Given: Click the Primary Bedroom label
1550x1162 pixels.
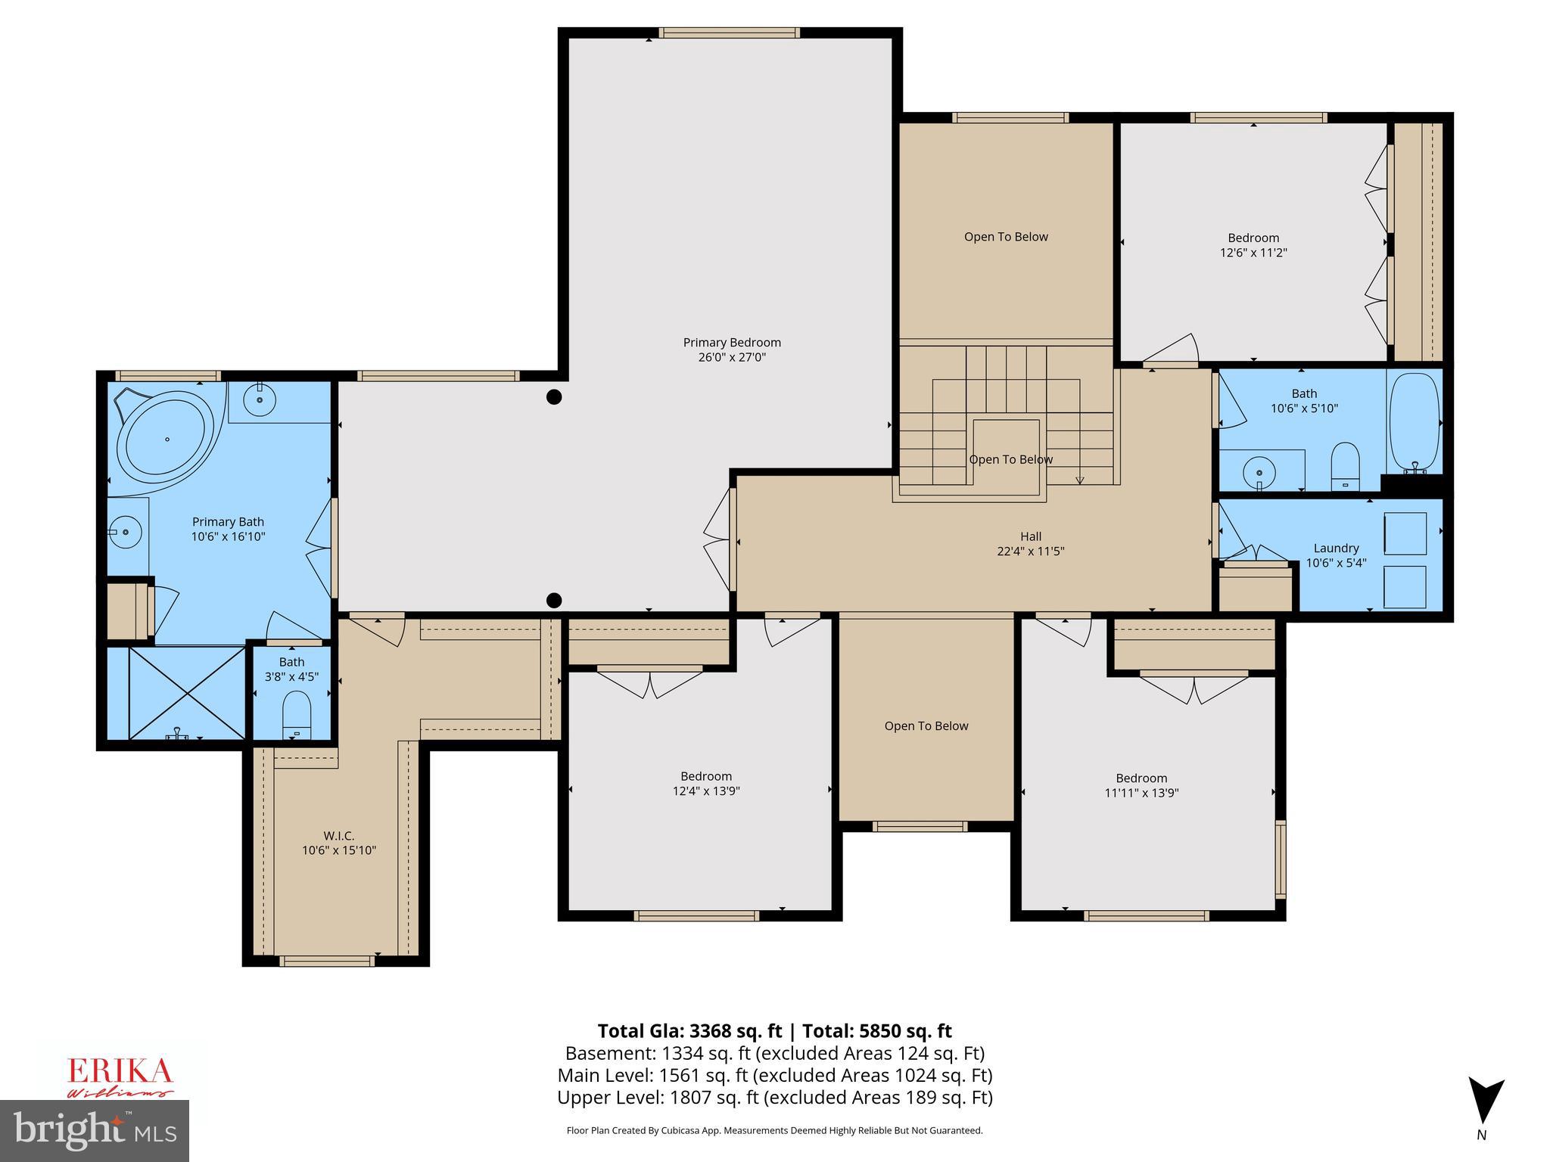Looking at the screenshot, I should tap(731, 343).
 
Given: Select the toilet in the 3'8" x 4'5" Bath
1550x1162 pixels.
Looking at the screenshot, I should tap(296, 716).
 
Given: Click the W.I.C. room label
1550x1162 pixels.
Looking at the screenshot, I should tap(338, 835).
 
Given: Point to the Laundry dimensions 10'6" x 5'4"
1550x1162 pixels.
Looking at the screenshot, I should tap(1336, 563).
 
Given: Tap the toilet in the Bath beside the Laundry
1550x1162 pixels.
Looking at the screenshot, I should tap(1345, 465).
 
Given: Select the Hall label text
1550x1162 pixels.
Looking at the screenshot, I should tap(1030, 536).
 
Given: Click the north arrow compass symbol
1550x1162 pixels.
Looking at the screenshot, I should tap(1485, 1101).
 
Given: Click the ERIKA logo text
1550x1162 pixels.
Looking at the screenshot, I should tap(120, 1072).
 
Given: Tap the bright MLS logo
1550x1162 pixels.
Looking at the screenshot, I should tap(95, 1130).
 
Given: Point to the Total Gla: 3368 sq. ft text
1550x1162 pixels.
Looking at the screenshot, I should tap(689, 1031).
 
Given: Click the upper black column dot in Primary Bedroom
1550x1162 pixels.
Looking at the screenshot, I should tap(554, 396).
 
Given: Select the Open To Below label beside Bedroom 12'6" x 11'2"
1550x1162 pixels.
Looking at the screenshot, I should tap(1005, 237).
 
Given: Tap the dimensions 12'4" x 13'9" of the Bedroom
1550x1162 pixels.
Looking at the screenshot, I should tap(705, 791).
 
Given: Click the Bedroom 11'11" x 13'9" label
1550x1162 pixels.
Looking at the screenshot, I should tap(1141, 778).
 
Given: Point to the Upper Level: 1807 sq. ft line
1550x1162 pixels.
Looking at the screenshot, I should tap(774, 1097).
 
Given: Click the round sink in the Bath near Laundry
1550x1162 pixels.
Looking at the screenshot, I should tap(1259, 474).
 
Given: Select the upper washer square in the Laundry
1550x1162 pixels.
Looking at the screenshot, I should tap(1405, 533).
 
